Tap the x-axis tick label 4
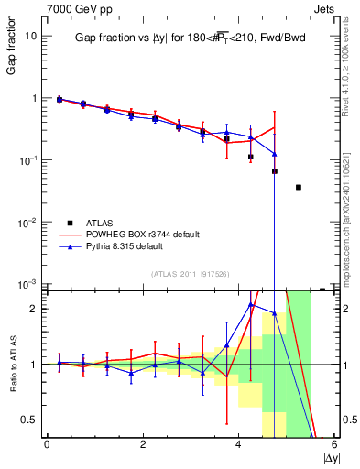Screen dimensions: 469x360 coord(238,443)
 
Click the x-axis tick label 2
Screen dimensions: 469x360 coord(143,443)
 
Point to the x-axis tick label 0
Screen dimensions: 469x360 coord(47,443)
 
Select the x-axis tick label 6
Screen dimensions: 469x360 coord(333,443)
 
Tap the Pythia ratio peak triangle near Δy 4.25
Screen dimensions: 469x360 coord(251,305)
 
